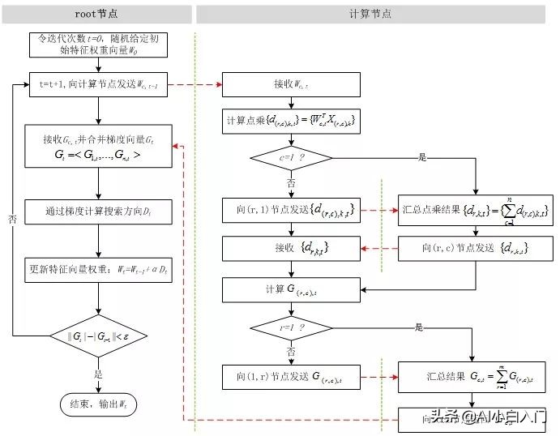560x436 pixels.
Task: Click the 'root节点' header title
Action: pyautogui.click(x=96, y=14)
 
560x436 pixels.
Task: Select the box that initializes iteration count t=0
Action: pyautogui.click(x=98, y=45)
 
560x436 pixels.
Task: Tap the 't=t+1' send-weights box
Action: pyautogui.click(x=98, y=83)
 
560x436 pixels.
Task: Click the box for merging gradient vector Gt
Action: pyautogui.click(x=98, y=147)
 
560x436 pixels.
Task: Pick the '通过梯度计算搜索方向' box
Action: pyautogui.click(x=98, y=212)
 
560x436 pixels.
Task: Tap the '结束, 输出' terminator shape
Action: pyautogui.click(x=98, y=402)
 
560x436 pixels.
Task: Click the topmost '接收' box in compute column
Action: pyautogui.click(x=289, y=84)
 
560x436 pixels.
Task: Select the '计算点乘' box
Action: pyautogui.click(x=289, y=122)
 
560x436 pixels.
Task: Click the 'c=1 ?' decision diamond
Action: pyautogui.click(x=289, y=158)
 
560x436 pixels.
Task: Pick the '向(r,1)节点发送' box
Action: pyautogui.click(x=289, y=210)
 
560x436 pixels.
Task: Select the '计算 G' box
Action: pyautogui.click(x=289, y=289)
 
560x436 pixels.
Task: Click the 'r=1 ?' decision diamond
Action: pyautogui.click(x=289, y=328)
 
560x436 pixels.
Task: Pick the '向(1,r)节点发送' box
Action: pyautogui.click(x=289, y=377)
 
